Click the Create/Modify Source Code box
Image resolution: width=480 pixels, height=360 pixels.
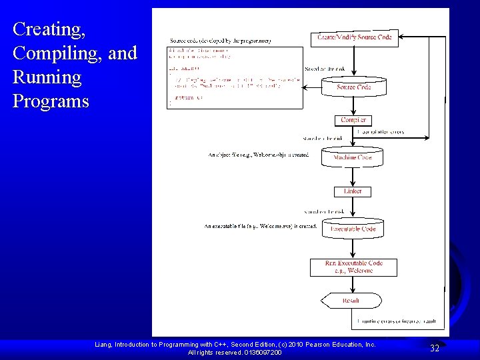pos(354,37)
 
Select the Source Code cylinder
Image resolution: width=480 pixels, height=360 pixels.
pos(353,87)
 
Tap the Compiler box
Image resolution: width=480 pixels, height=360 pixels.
pos(353,120)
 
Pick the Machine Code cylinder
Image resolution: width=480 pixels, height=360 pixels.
pos(353,157)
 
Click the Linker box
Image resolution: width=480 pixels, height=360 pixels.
pos(353,191)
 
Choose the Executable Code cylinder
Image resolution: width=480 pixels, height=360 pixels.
pos(353,229)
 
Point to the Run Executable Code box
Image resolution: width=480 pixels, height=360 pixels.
pos(353,267)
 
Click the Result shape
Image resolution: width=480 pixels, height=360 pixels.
pos(351,301)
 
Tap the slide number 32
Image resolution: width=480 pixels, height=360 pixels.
pos(434,348)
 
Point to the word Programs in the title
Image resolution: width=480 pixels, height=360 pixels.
pos(51,101)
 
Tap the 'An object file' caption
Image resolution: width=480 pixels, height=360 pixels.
pos(258,155)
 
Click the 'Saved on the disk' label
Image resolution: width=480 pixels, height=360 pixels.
pos(323,69)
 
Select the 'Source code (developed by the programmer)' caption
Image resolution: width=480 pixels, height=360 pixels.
pos(220,41)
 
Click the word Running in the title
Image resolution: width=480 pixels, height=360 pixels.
pos(47,77)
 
